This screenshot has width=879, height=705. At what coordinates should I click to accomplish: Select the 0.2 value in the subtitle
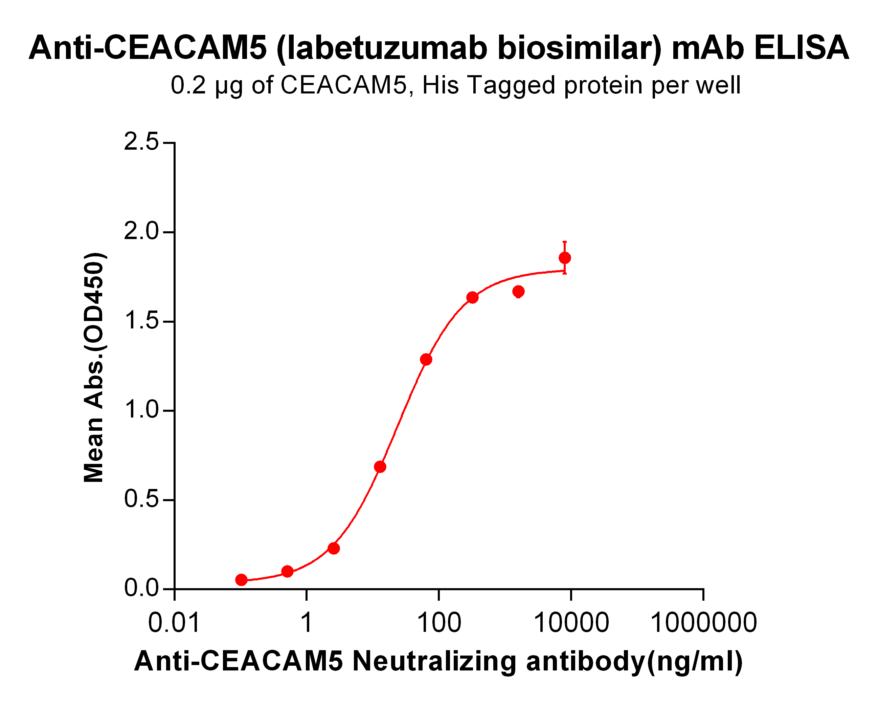pyautogui.click(x=188, y=85)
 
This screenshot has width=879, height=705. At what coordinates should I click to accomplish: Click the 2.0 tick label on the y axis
pyautogui.click(x=141, y=232)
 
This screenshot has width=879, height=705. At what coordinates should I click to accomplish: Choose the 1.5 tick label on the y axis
pyautogui.click(x=141, y=321)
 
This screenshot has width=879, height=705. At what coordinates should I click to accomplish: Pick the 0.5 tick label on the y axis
pyautogui.click(x=141, y=499)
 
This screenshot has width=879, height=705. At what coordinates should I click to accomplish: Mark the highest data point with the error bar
pyautogui.click(x=565, y=258)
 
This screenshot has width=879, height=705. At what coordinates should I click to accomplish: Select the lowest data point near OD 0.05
pyautogui.click(x=241, y=580)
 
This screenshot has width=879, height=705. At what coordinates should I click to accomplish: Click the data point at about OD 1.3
pyautogui.click(x=426, y=359)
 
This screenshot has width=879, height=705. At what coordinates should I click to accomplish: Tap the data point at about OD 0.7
pyautogui.click(x=380, y=467)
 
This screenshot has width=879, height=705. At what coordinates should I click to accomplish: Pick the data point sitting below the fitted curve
pyautogui.click(x=519, y=291)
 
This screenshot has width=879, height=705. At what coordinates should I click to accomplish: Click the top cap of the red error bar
pyautogui.click(x=565, y=242)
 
